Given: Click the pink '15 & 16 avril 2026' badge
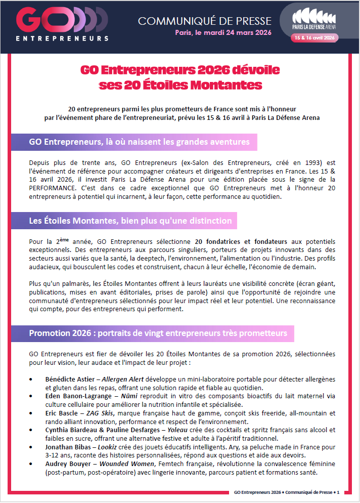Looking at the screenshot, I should tap(314, 37).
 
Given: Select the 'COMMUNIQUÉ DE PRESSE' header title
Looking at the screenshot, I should tap(204, 21).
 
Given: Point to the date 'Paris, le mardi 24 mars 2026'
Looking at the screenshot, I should tap(223, 33).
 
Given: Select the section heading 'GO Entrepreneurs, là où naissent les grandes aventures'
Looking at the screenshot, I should tap(139, 142).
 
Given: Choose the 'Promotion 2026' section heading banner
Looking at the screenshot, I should tap(158, 333).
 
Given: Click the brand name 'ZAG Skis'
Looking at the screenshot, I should tap(100, 413).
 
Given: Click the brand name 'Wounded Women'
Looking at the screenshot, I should tap(122, 465).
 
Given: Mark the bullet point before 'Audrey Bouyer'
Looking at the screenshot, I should tap(33, 465).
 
